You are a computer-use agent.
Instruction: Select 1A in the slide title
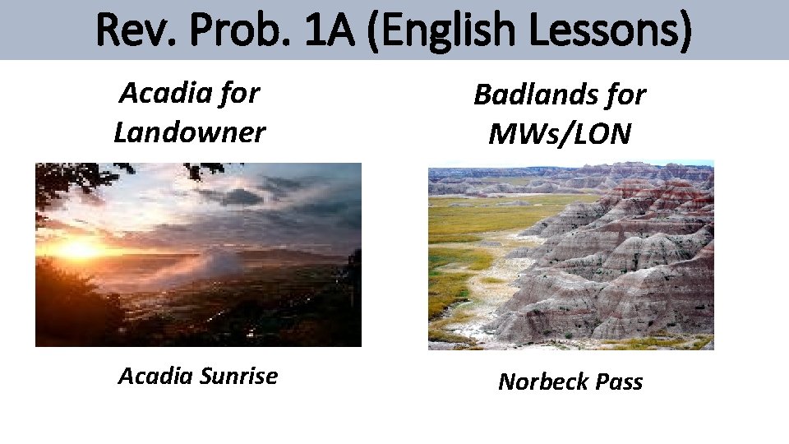334,30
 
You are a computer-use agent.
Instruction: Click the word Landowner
190,132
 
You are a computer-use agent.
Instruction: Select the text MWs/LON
560,133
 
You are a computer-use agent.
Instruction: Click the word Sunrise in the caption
238,376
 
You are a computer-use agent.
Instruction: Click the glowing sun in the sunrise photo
79,247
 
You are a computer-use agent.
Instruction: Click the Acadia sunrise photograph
198,254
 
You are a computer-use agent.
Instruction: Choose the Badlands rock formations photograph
570,255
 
